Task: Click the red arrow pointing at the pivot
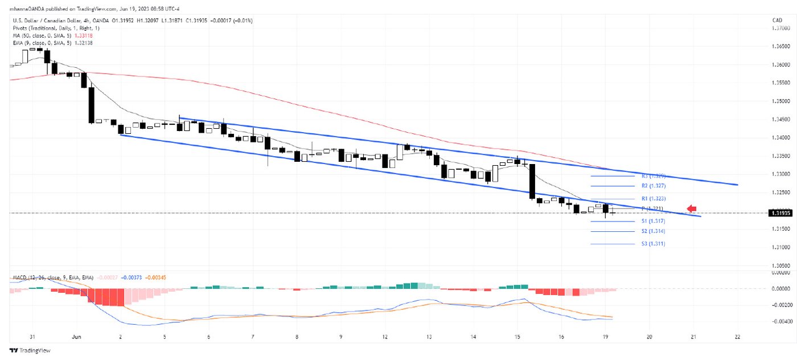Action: tap(692, 208)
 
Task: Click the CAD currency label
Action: tap(776, 21)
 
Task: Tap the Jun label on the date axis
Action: tap(77, 337)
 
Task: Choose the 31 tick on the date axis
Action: tap(32, 337)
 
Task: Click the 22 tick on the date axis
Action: tap(738, 337)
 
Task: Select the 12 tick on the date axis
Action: tap(385, 337)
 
